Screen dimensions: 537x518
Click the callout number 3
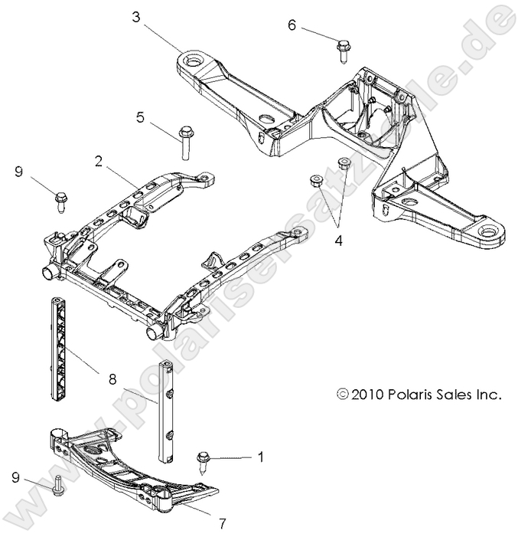(x=135, y=17)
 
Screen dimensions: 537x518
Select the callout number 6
(x=292, y=25)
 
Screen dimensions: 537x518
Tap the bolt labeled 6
(x=341, y=48)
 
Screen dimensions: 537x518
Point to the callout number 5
(x=140, y=117)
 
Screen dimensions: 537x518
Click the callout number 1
(x=261, y=457)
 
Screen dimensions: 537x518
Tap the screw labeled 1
(x=206, y=462)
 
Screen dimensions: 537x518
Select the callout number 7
(x=222, y=524)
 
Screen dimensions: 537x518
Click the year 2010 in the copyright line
(x=368, y=395)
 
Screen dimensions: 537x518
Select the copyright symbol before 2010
(x=342, y=396)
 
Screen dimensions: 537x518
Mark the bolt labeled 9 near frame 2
(x=60, y=201)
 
